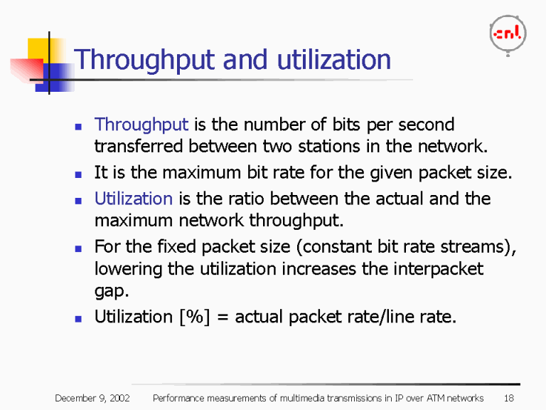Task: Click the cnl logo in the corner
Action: click(x=507, y=33)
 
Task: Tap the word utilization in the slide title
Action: click(x=334, y=60)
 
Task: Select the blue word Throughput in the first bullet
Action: click(x=141, y=125)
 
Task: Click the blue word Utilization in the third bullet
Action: click(x=134, y=199)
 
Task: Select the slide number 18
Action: click(x=508, y=397)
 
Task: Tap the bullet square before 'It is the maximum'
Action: click(x=79, y=173)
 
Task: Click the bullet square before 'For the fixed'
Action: click(x=79, y=248)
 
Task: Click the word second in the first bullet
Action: click(x=425, y=125)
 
